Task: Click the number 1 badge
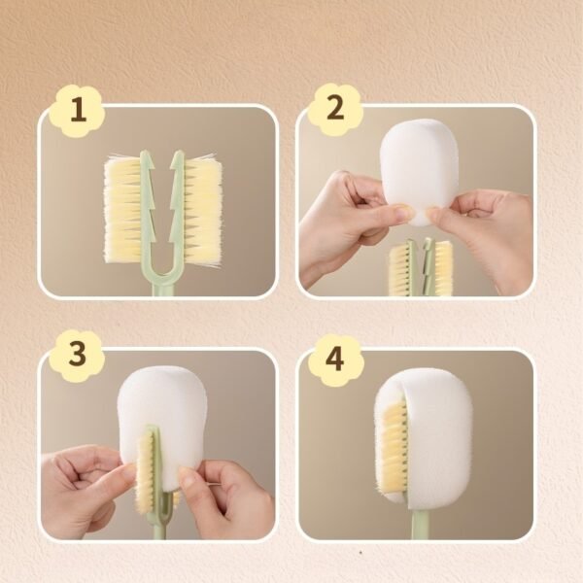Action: (78, 111)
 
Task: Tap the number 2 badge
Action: (336, 109)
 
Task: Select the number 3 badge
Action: (77, 356)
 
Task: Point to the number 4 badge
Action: (335, 360)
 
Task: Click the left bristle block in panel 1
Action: (123, 210)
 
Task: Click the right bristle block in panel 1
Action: (203, 209)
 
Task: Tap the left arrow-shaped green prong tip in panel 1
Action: (148, 159)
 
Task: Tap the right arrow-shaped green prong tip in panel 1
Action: (178, 159)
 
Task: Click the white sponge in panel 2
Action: (419, 171)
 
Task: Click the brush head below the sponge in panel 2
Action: (422, 268)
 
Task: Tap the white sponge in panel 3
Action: (161, 417)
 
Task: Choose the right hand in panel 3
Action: (226, 498)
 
